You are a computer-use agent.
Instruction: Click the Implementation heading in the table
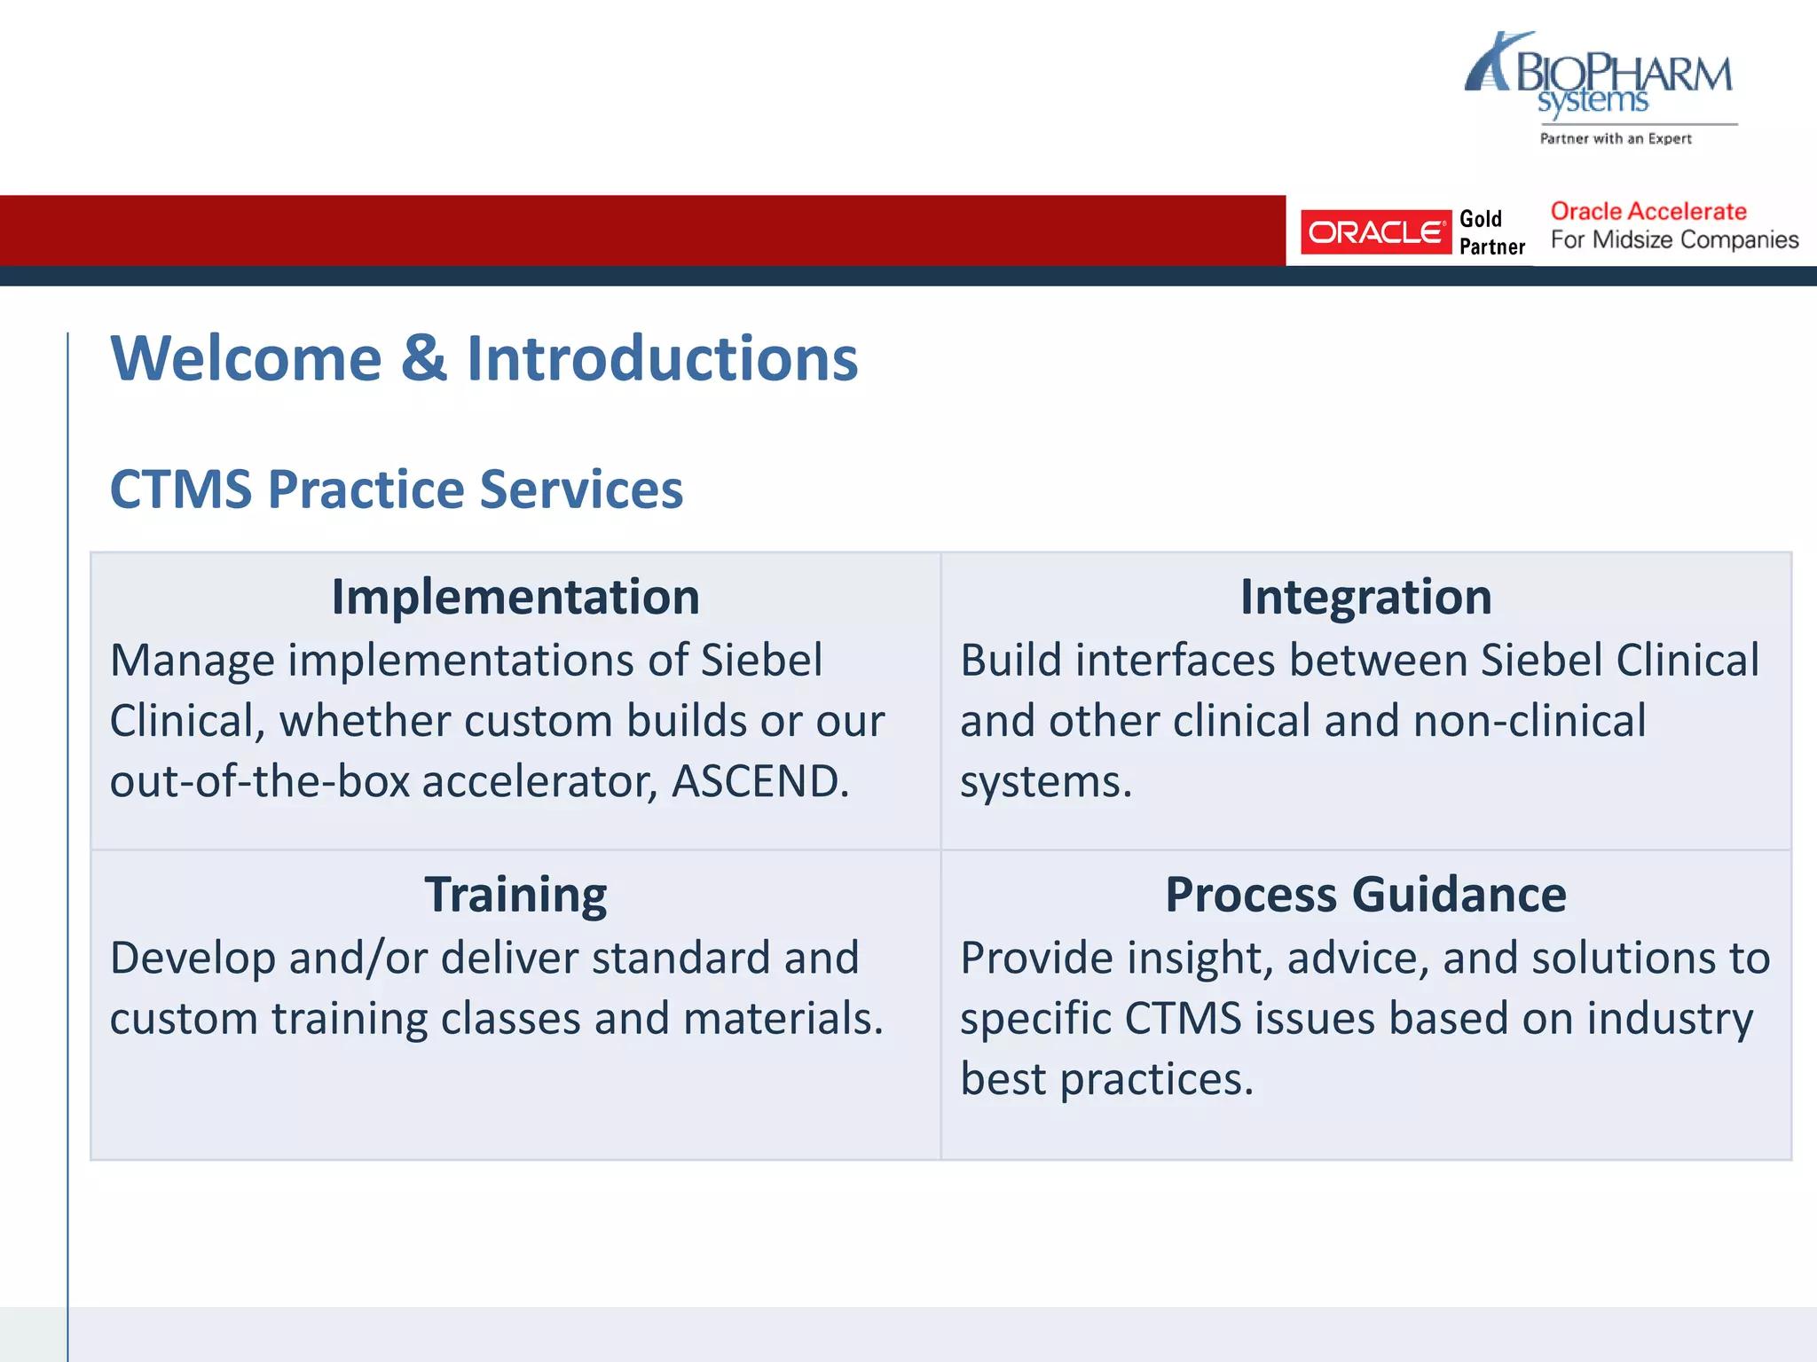pyautogui.click(x=515, y=597)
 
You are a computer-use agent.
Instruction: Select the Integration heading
pyautogui.click(x=1365, y=597)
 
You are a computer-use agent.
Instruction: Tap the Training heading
pyautogui.click(x=515, y=894)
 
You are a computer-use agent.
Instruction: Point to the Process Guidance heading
pyautogui.click(x=1365, y=894)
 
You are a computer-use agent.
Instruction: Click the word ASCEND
pyautogui.click(x=759, y=781)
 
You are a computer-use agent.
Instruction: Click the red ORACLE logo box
pyautogui.click(x=1375, y=232)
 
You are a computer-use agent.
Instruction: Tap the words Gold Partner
pyautogui.click(x=1491, y=233)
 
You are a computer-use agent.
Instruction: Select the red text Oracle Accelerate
pyautogui.click(x=1648, y=211)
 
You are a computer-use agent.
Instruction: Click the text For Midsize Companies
pyautogui.click(x=1674, y=239)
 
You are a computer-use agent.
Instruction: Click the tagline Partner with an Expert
pyautogui.click(x=1616, y=138)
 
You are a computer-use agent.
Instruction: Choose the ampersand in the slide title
pyautogui.click(x=424, y=358)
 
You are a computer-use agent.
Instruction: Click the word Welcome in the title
pyautogui.click(x=246, y=358)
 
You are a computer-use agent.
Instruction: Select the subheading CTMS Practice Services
pyautogui.click(x=396, y=489)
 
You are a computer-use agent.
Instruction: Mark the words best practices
pyautogui.click(x=1106, y=1079)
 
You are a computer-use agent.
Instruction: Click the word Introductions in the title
pyautogui.click(x=662, y=358)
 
